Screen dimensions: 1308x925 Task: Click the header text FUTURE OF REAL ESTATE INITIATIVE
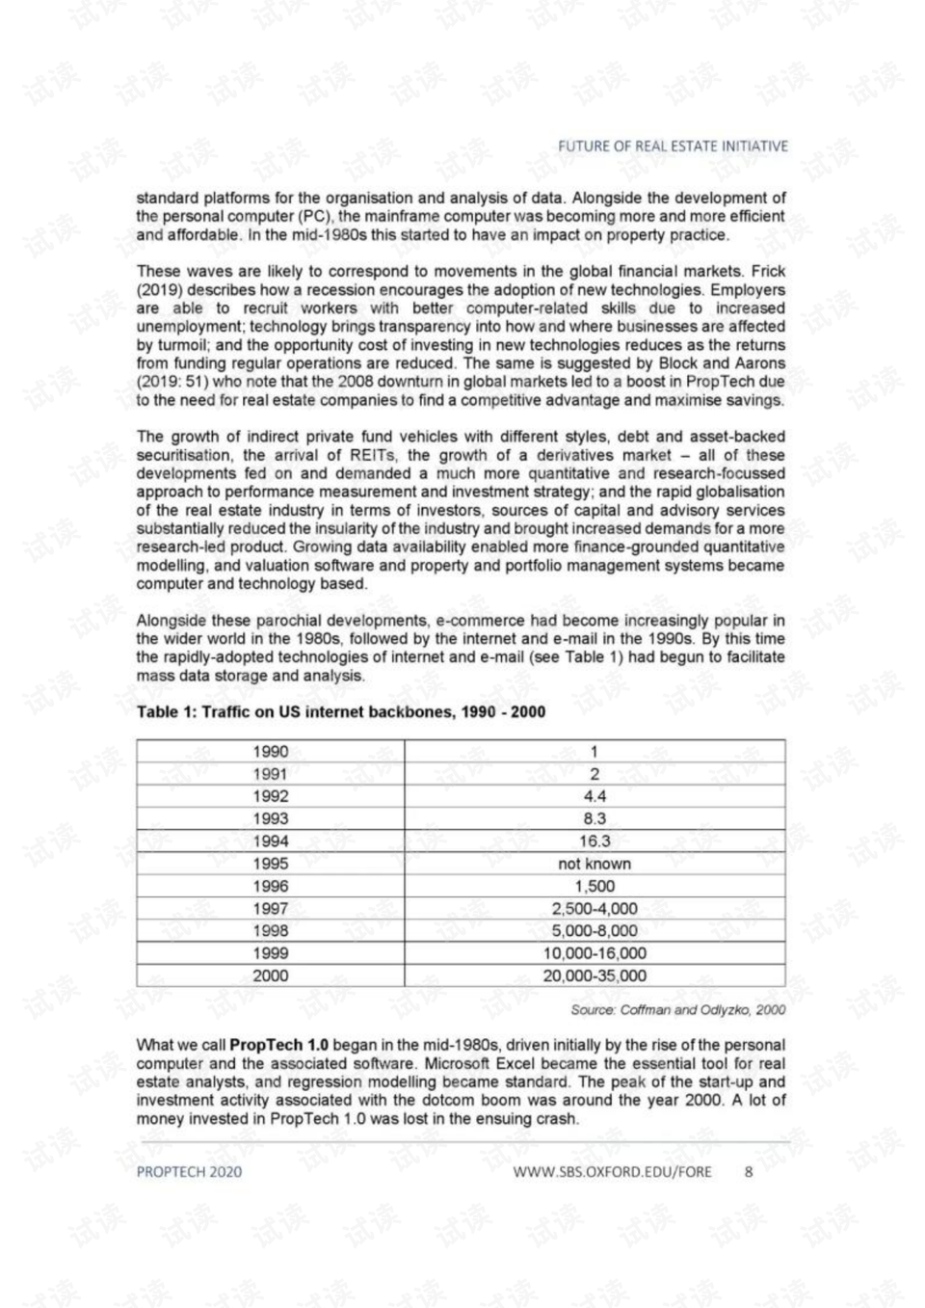click(673, 147)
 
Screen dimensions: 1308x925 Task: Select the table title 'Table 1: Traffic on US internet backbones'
click(340, 712)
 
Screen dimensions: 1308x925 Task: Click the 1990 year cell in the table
click(270, 752)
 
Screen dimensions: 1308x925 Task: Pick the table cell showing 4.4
click(595, 796)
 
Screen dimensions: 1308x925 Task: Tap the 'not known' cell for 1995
click(595, 864)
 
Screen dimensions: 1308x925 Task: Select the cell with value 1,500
click(595, 886)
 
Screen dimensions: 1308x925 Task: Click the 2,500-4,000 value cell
click(595, 908)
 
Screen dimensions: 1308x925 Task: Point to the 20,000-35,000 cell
click(595, 975)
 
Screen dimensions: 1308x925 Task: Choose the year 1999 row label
click(270, 953)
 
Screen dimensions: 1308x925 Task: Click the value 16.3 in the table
click(595, 841)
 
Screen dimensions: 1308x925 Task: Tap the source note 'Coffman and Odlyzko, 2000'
click(677, 1010)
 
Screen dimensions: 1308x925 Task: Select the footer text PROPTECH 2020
click(189, 1172)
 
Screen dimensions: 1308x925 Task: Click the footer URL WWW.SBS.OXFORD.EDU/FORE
click(612, 1172)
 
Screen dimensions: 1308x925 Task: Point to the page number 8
click(749, 1172)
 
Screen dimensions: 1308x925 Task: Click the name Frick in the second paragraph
click(768, 272)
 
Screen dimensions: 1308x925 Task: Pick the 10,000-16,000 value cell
click(595, 953)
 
